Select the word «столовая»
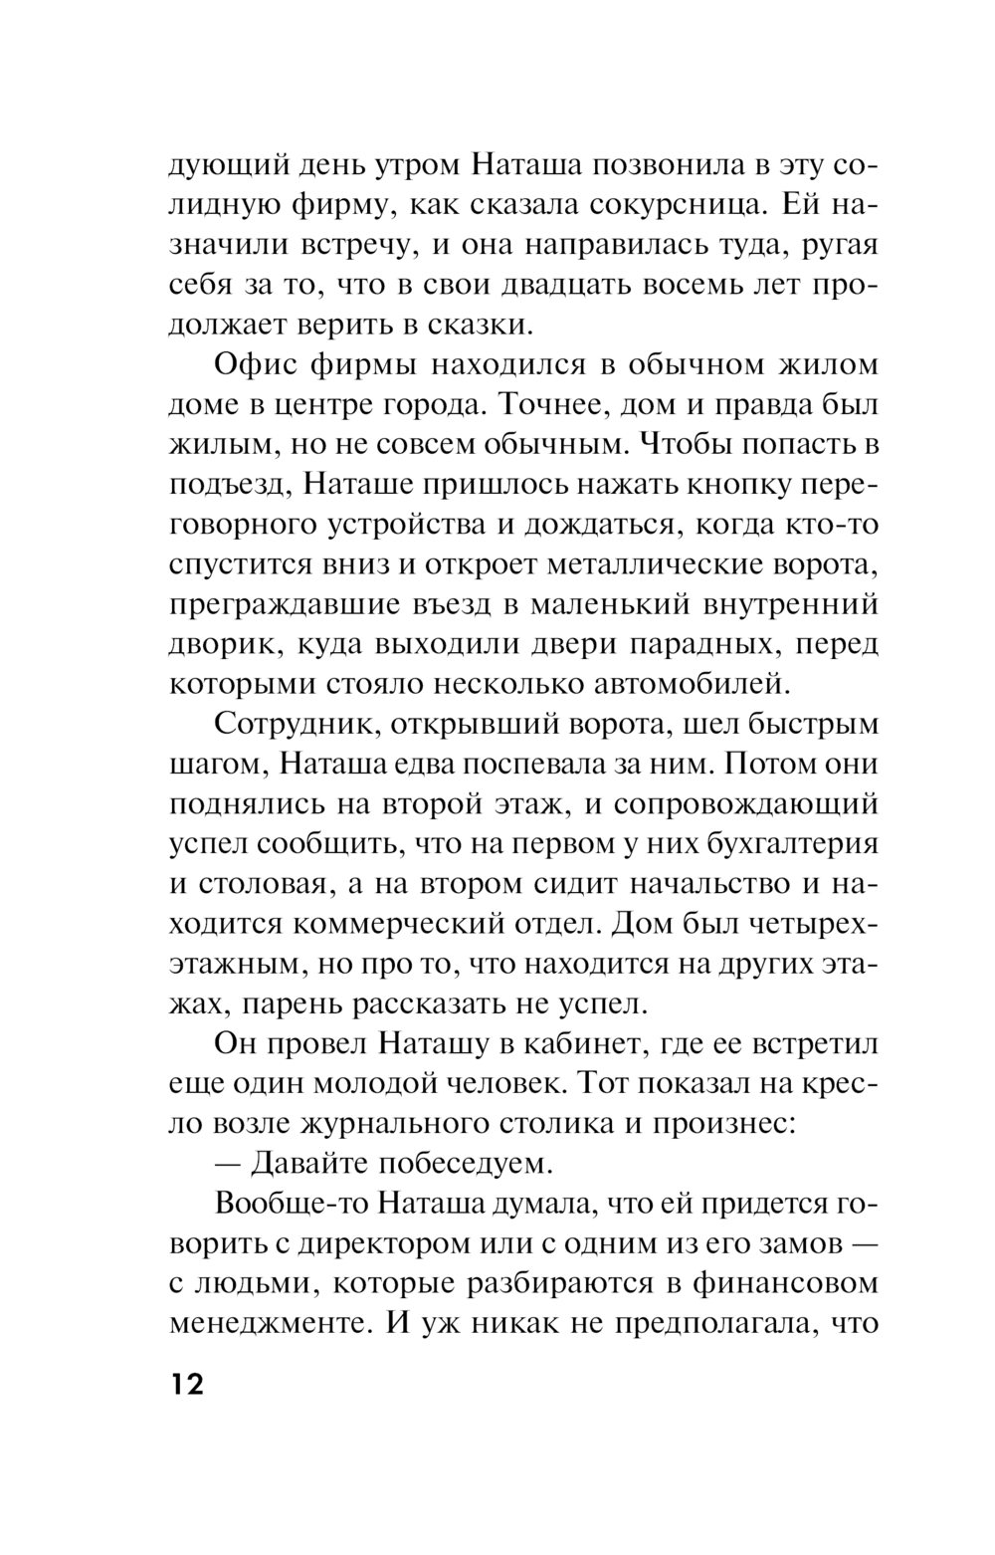(x=269, y=884)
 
